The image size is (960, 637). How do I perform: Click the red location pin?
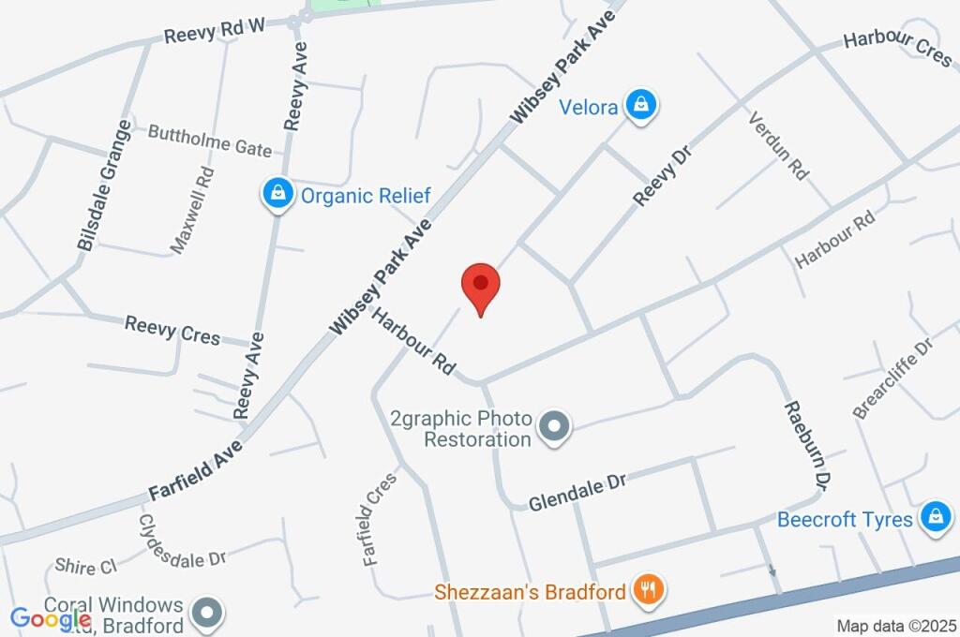coord(480,285)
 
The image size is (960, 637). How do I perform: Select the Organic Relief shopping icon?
coord(277,195)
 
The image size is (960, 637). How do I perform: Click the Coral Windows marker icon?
coord(205,615)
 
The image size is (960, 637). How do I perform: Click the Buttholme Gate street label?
coord(210,141)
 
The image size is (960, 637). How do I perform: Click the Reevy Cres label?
coord(172,330)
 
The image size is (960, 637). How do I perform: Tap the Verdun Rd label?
coord(778,146)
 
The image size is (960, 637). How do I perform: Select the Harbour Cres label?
coord(897,50)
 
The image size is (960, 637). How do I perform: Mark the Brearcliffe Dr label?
coord(894,378)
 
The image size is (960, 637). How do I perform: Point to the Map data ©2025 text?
coord(895,626)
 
